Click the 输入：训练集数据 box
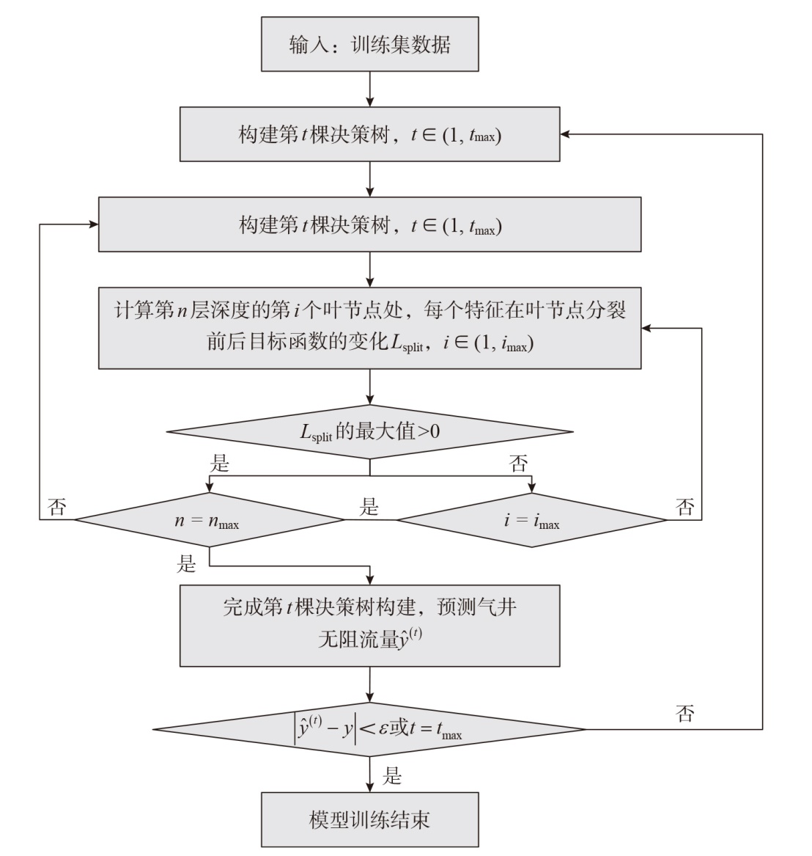pos(369,45)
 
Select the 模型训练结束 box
pos(369,819)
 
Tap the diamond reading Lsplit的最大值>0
pos(369,432)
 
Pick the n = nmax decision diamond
pos(210,521)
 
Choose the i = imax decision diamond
pos(531,521)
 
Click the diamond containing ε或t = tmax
pos(369,730)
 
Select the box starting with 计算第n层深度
pos(369,327)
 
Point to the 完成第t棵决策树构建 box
pos(369,625)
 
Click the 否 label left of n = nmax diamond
pos(56,508)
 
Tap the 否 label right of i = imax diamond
pos(685,508)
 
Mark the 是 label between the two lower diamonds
pos(369,507)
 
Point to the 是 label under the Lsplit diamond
pos(220,464)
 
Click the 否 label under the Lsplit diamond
pos(518,464)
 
